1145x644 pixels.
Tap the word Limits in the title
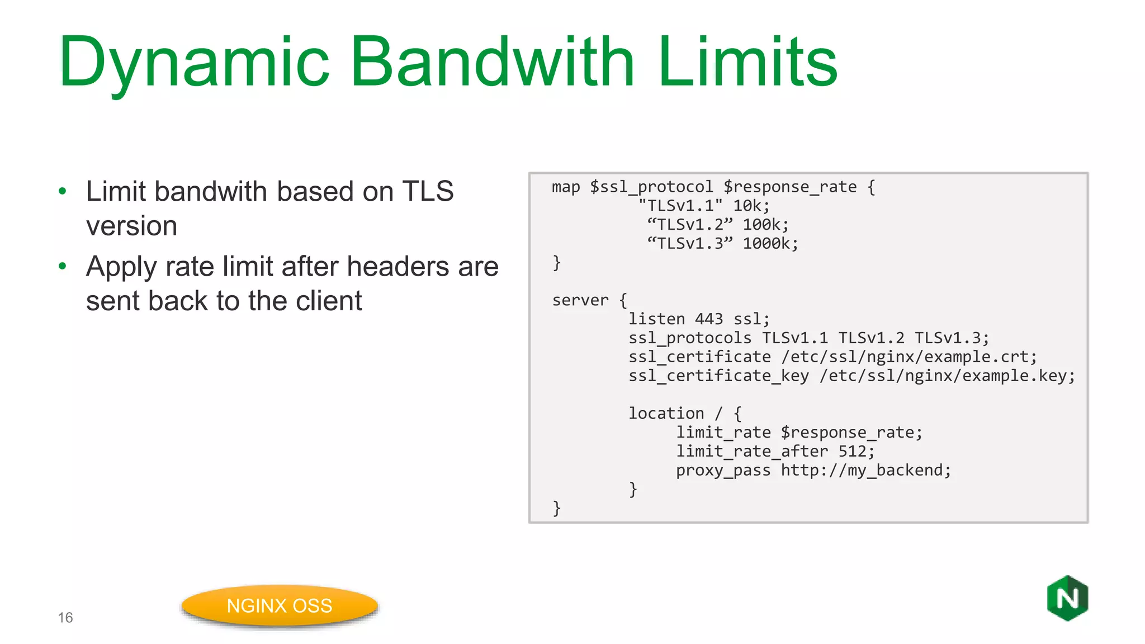(747, 61)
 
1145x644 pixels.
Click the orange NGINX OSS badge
(280, 606)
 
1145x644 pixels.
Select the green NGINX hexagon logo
(1067, 598)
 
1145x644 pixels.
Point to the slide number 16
(65, 618)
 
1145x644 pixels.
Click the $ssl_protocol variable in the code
(651, 187)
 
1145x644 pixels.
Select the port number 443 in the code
(708, 319)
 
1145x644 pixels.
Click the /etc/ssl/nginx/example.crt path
(905, 357)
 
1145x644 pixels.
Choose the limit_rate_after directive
(751, 451)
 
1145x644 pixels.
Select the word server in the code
(580, 300)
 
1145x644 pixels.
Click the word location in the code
(666, 414)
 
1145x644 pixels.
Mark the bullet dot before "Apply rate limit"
(63, 266)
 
